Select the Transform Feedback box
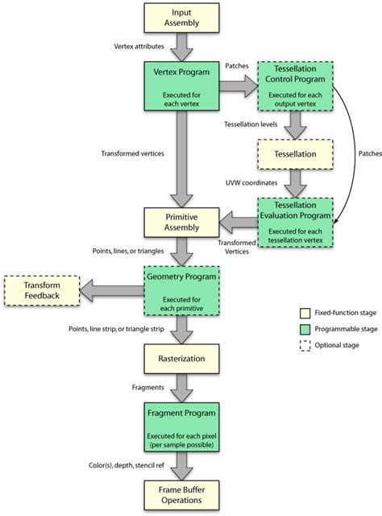coord(41,290)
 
